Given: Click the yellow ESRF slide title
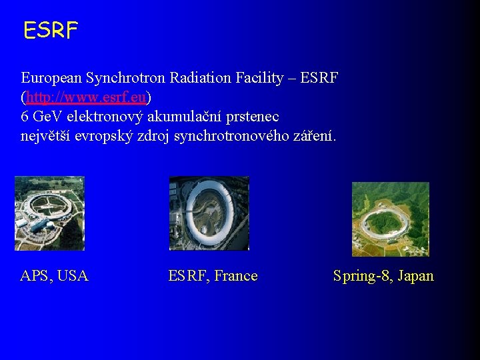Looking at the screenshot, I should pyautogui.click(x=51, y=30).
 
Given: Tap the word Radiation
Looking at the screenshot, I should pyautogui.click(x=201, y=78).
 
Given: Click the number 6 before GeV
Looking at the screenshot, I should pyautogui.click(x=25, y=117).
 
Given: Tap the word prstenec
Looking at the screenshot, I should pyautogui.click(x=254, y=117).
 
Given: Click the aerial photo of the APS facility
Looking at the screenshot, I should pyautogui.click(x=49, y=213).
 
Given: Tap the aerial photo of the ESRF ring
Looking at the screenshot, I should pyautogui.click(x=209, y=213).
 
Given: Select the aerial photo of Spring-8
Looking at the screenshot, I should pyautogui.click(x=390, y=219).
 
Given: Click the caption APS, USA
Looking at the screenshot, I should pyautogui.click(x=55, y=276).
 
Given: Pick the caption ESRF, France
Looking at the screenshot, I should pyautogui.click(x=213, y=276).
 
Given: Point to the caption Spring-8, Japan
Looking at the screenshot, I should pyautogui.click(x=383, y=276).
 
